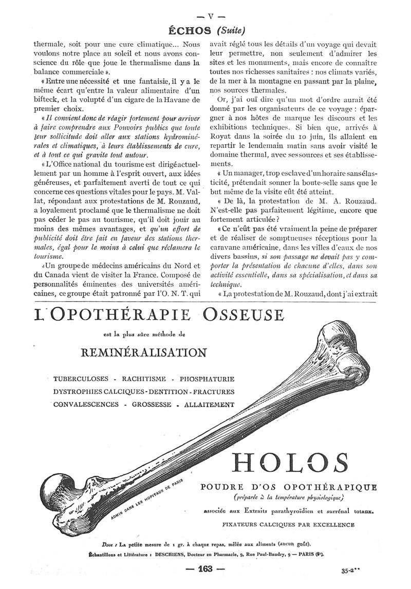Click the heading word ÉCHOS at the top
click(x=192, y=29)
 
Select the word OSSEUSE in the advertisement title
click(x=244, y=314)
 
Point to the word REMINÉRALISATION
click(x=144, y=352)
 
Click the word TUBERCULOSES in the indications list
click(x=81, y=379)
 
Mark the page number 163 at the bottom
click(x=205, y=568)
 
